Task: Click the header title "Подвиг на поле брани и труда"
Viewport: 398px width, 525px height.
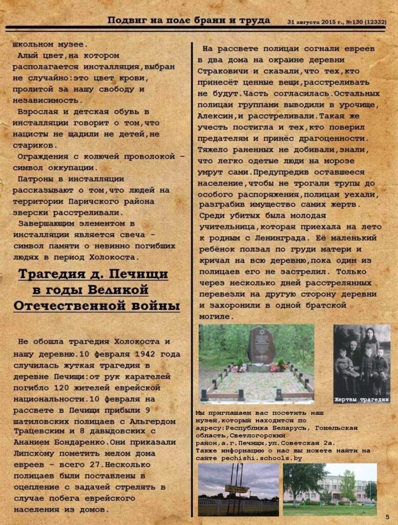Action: pos(188,21)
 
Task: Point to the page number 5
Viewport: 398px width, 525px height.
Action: pos(387,516)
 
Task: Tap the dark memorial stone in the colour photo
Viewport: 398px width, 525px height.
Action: pos(261,344)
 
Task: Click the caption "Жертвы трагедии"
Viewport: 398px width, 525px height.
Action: pos(362,399)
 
